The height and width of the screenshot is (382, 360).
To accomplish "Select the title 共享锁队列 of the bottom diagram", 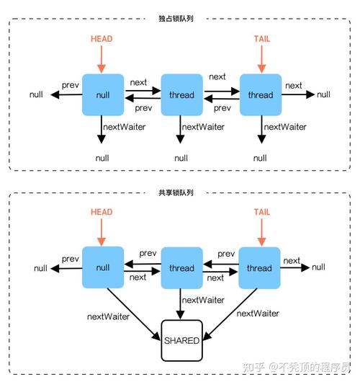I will tap(181, 192).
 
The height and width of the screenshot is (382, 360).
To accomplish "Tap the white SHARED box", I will tap(181, 339).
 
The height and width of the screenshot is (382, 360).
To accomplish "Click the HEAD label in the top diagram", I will tap(103, 37).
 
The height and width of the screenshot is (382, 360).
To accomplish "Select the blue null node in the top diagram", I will tap(103, 94).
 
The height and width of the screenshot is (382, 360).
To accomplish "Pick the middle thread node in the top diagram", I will tap(181, 94).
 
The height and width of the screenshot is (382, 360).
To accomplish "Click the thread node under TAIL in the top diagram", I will tap(260, 94).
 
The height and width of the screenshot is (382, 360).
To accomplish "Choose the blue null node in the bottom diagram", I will tap(103, 268).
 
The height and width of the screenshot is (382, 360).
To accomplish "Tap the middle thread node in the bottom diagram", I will tap(181, 268).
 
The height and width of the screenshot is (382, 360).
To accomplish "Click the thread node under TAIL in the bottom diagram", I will tap(260, 268).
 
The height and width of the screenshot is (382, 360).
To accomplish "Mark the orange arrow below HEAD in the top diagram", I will tap(103, 57).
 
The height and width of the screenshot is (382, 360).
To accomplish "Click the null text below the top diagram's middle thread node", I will tap(181, 157).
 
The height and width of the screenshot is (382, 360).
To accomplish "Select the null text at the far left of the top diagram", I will tap(37, 94).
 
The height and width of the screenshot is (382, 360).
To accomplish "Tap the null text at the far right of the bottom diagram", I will tap(318, 267).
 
